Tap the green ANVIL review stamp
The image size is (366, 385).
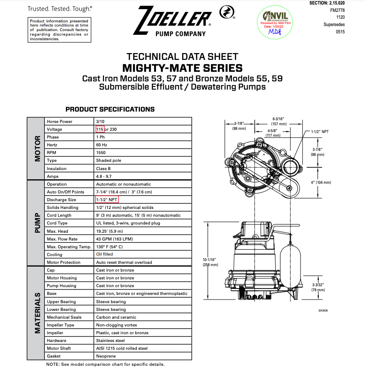[274, 21]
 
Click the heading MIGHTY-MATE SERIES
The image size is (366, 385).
[183, 68]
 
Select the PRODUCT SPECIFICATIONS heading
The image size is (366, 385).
[110, 109]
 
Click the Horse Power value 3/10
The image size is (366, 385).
[100, 122]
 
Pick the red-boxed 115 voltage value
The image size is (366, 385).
[100, 129]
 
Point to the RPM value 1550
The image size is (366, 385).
[101, 153]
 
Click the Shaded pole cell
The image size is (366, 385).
[108, 160]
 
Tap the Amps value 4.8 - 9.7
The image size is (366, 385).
[104, 176]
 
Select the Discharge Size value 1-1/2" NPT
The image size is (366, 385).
[107, 200]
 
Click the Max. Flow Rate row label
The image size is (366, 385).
[62, 239]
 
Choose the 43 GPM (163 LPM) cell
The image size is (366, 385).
[114, 239]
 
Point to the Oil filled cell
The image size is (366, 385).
[104, 255]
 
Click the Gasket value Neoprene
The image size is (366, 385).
[105, 356]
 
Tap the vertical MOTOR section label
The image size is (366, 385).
[37, 149]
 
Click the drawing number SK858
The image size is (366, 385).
[323, 311]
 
